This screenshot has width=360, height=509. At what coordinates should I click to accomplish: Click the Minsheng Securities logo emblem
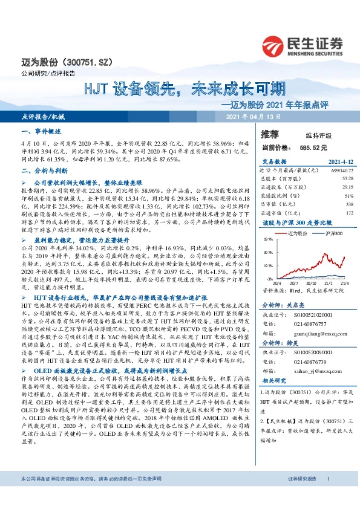point(275,44)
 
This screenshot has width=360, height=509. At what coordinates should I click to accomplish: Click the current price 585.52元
point(312,147)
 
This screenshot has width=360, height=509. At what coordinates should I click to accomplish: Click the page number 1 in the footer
point(327,495)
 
